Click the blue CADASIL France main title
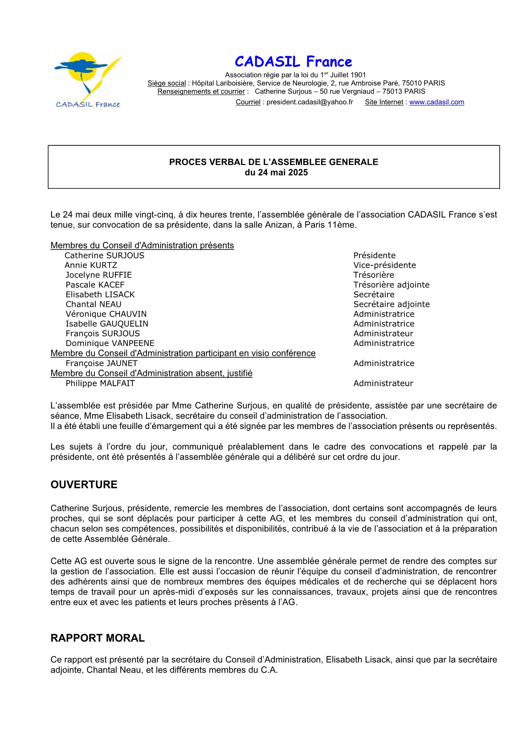(x=293, y=62)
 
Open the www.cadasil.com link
(x=436, y=102)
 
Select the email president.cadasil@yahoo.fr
(x=310, y=102)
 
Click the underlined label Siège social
(x=167, y=83)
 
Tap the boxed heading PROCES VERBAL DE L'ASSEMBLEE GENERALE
(x=273, y=162)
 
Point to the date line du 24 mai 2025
(x=276, y=173)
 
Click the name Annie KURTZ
(x=91, y=265)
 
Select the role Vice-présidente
(x=384, y=265)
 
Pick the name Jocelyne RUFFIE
(x=98, y=275)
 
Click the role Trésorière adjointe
(x=391, y=285)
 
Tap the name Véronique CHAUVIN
(x=106, y=314)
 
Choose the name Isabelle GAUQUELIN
(x=107, y=324)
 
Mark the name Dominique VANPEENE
(x=110, y=343)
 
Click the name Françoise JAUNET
(x=102, y=363)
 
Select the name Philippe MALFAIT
(x=100, y=384)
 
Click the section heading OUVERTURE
(x=84, y=485)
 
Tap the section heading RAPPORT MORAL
(x=98, y=638)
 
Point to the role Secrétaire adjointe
(x=391, y=305)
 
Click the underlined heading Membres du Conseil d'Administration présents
(x=142, y=246)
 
